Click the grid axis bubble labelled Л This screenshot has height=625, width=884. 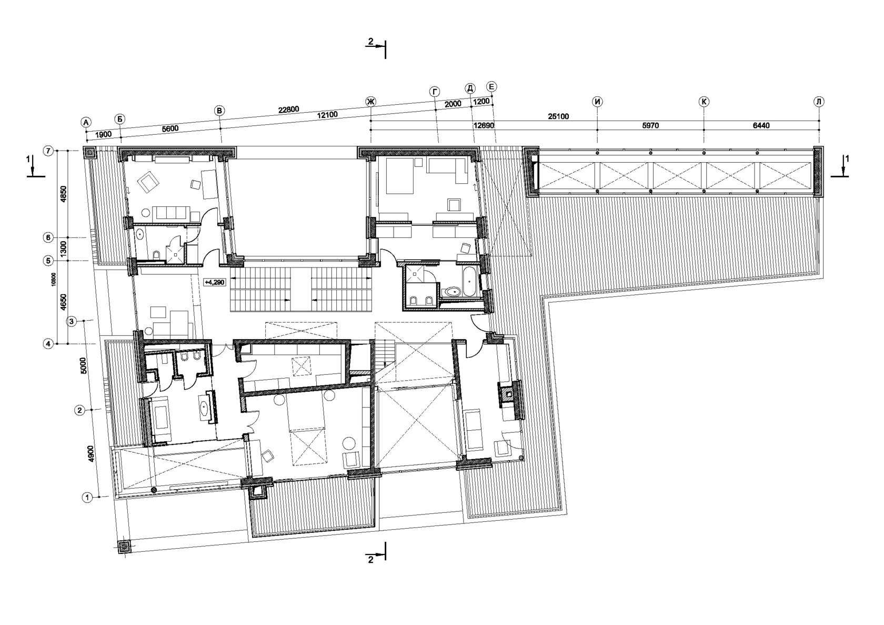(x=819, y=102)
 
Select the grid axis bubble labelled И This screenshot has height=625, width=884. (x=598, y=102)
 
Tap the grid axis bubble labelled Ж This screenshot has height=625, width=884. (x=370, y=102)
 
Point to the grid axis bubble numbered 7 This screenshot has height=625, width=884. (x=48, y=151)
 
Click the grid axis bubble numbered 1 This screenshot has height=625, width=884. (x=87, y=498)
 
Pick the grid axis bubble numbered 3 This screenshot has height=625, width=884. (x=72, y=321)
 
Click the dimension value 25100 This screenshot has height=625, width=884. (x=558, y=116)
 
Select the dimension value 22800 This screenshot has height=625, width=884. (x=288, y=110)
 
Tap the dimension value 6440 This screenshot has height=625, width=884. (x=761, y=126)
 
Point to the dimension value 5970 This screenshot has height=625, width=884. (x=650, y=126)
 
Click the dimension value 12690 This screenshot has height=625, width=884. (x=484, y=126)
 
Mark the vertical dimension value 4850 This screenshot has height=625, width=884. (x=64, y=194)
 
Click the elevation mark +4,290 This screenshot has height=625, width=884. (x=214, y=282)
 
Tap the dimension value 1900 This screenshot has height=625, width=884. (x=103, y=134)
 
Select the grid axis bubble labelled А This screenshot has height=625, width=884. (x=86, y=123)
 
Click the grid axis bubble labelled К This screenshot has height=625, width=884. (x=704, y=102)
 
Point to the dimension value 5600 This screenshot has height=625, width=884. (x=170, y=128)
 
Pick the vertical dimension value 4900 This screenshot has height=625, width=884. (x=91, y=454)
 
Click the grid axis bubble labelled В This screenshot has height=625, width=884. (x=219, y=111)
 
